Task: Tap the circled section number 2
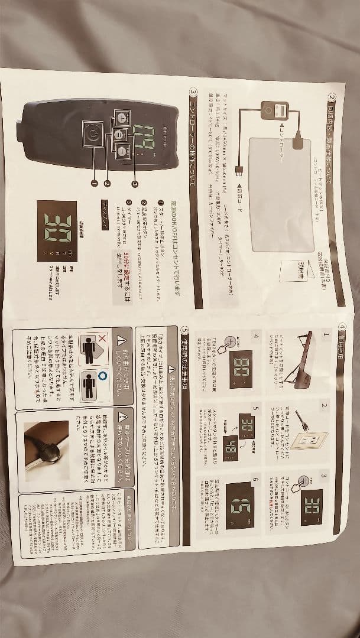tap(333, 98)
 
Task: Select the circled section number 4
tap(342, 327)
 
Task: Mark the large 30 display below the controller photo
tap(57, 230)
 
